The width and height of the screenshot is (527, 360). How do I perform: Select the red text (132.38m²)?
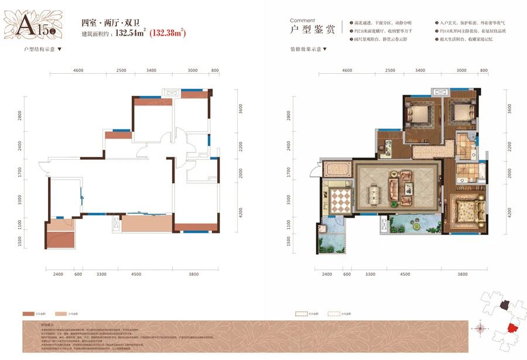[169, 34]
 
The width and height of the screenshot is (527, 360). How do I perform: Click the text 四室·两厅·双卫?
[105, 23]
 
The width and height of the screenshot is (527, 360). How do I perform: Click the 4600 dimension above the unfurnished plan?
[79, 70]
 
